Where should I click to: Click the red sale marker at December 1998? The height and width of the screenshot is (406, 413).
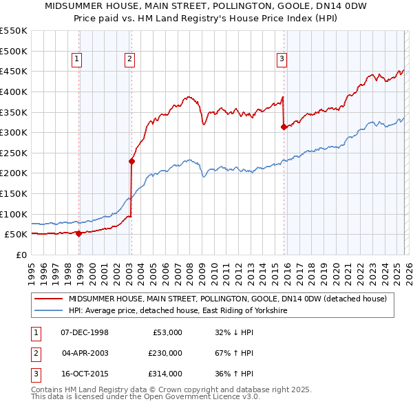point(78,233)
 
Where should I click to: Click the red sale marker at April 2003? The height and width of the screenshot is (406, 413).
point(131,162)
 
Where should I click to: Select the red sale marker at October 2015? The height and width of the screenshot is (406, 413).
point(284,127)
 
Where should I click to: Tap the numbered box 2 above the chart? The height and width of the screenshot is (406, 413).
point(129,60)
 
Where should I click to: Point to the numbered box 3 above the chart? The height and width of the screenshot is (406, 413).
point(282,60)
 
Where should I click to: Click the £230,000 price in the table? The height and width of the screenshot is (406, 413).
point(165,353)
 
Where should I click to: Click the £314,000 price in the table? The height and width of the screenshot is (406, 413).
point(165,374)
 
